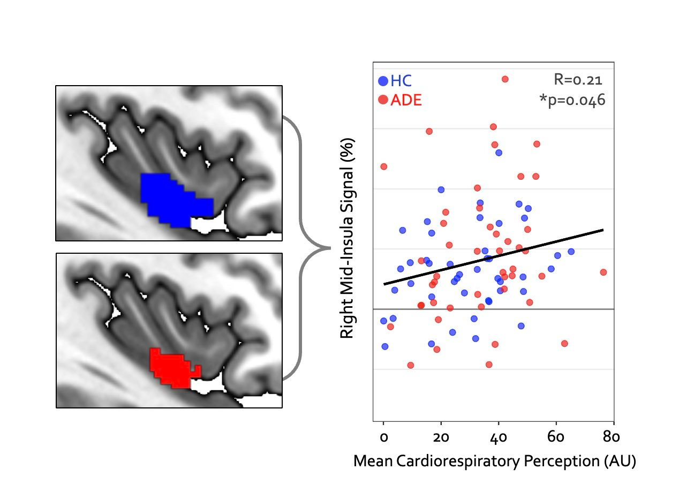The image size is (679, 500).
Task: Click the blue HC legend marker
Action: [383, 82]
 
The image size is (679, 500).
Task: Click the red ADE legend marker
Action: [383, 100]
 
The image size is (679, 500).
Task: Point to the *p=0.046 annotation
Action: [572, 100]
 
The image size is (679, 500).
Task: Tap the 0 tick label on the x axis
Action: [383, 437]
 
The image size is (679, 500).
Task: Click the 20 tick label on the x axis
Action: [441, 437]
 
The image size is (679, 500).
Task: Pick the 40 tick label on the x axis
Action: [499, 437]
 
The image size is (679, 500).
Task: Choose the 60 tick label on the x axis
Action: [556, 437]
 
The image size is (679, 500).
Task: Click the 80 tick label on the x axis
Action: [611, 437]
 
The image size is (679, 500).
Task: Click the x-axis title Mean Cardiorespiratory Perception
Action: [494, 461]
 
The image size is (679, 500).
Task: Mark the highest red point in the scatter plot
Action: [504, 79]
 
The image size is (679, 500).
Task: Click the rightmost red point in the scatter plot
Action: [603, 272]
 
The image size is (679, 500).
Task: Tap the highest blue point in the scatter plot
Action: [499, 153]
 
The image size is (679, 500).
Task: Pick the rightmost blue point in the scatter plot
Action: [571, 251]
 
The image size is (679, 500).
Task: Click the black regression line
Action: [493, 257]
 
